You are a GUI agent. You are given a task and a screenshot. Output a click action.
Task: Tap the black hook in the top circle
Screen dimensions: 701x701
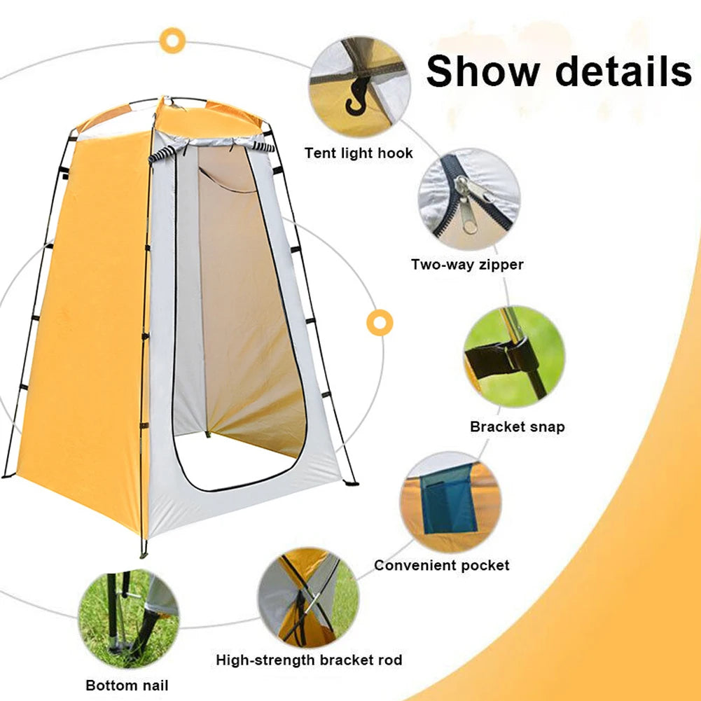pos(356,98)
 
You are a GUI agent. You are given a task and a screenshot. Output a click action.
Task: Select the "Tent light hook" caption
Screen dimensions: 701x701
pos(359,153)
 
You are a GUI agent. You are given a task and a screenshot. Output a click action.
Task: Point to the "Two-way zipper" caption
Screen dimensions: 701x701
pos(467,265)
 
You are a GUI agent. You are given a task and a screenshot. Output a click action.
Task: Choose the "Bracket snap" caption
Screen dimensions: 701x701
pos(517,426)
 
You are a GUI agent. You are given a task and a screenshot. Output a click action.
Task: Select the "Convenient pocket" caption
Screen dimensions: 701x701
pos(441,565)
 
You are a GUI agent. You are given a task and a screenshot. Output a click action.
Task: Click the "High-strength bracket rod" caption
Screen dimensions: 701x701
pos(309,660)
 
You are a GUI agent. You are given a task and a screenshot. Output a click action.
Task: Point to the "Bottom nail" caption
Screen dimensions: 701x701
pos(127,685)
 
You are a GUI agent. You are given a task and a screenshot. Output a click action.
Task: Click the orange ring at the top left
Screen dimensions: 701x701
pos(171,41)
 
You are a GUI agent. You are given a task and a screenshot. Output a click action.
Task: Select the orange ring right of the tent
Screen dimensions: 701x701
pos(379,322)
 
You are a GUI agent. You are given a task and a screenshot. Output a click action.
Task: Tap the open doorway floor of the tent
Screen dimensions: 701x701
pos(238,462)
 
